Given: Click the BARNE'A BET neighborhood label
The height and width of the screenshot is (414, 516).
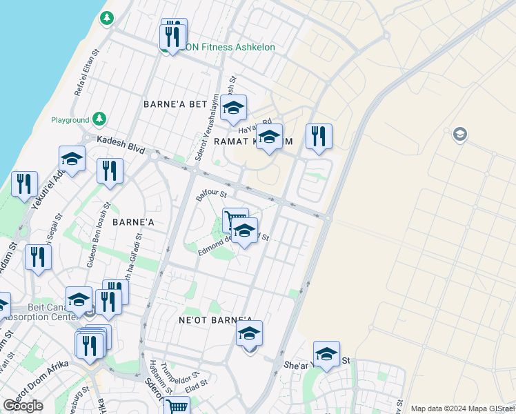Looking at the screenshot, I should click(175, 104).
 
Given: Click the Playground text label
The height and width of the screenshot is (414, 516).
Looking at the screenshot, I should click(70, 120).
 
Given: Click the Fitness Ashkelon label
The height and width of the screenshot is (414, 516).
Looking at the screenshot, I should click(229, 48).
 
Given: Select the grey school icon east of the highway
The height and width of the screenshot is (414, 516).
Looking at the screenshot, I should click(459, 135).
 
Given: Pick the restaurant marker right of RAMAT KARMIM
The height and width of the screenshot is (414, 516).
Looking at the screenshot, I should click(318, 137).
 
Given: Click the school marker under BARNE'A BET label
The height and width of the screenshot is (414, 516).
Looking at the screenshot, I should click(234, 108).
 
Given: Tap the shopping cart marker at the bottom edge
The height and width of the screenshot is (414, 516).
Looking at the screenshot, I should click(177, 407).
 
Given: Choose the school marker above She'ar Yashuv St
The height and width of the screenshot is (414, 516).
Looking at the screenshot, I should click(326, 355).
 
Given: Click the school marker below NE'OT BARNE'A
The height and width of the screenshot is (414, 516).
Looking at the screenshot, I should click(249, 335).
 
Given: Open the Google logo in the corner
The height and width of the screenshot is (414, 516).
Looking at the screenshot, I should click(23, 406).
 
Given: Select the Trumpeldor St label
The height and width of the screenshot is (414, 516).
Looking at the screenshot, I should click(175, 373).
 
